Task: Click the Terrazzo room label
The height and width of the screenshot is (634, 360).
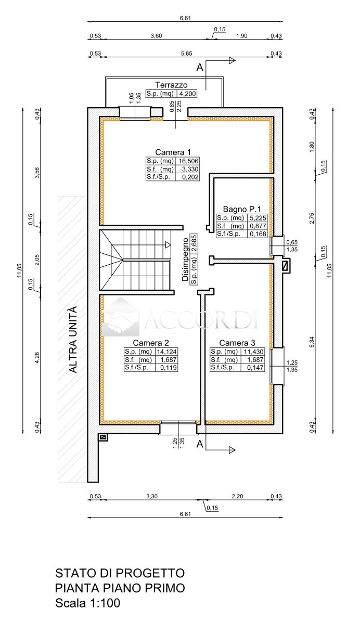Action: [x=171, y=85]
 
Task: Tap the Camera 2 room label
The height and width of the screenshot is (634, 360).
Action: [x=151, y=343]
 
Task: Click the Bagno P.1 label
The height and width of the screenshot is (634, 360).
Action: [x=242, y=209]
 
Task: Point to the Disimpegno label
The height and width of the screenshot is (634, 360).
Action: [x=185, y=260]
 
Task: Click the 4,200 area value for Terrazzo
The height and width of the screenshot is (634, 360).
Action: [x=188, y=94]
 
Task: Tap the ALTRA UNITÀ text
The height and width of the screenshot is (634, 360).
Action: [x=73, y=340]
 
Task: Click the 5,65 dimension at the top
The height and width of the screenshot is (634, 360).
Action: [x=187, y=54]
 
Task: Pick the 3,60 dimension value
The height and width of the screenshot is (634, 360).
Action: [x=156, y=36]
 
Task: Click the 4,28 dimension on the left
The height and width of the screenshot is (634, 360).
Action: [x=37, y=357]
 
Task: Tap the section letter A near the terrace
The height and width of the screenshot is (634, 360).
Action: [x=200, y=68]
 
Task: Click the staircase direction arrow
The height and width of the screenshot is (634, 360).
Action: [x=168, y=245]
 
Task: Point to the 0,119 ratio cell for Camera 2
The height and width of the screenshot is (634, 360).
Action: [x=169, y=368]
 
